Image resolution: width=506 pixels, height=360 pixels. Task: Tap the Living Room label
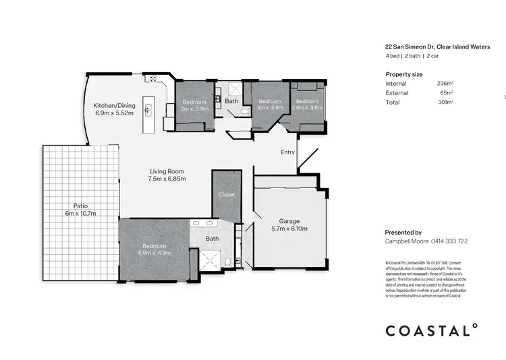(x=167, y=175)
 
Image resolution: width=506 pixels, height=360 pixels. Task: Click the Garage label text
(x=289, y=224)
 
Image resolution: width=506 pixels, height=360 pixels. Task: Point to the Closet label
(x=227, y=195)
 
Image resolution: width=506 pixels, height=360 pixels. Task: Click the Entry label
(x=287, y=152)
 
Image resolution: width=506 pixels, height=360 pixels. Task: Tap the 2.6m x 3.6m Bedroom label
(x=307, y=104)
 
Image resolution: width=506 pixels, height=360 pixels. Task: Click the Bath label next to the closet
(x=212, y=239)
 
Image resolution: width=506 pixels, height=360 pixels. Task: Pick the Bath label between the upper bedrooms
(x=231, y=101)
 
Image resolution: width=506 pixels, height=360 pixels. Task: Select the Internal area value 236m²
(x=445, y=83)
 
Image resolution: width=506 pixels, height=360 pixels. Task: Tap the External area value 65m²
(x=446, y=92)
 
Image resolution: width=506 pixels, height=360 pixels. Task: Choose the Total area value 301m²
(x=445, y=102)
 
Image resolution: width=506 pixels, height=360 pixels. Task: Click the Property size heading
(x=403, y=73)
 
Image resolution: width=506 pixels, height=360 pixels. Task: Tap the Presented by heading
(x=403, y=231)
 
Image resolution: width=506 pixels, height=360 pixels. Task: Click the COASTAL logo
(x=431, y=330)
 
